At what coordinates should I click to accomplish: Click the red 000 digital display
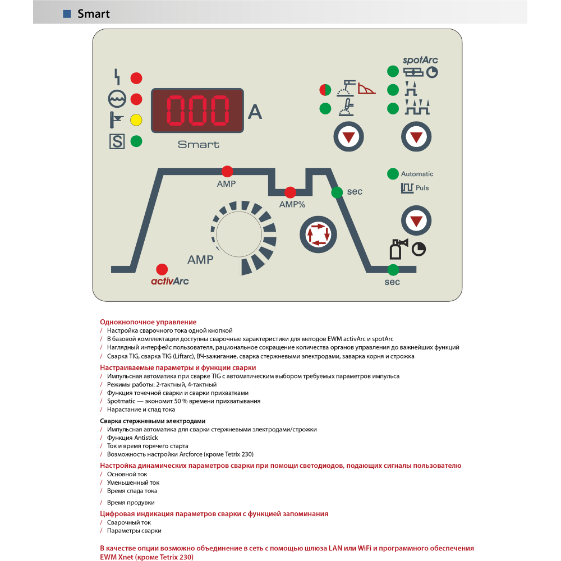(x=197, y=110)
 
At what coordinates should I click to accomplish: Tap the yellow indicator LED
(x=136, y=120)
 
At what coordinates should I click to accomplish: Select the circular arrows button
(x=318, y=234)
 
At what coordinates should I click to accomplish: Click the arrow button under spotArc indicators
(x=416, y=137)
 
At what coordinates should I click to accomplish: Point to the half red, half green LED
(x=325, y=90)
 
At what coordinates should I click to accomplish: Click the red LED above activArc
(x=162, y=269)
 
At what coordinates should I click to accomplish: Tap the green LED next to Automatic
(x=393, y=174)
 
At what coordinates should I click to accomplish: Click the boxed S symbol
(x=117, y=141)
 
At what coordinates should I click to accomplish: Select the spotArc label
(x=420, y=60)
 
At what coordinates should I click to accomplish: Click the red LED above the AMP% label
(x=290, y=192)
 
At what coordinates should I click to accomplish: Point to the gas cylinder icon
(x=398, y=249)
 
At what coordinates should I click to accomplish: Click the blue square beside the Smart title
(x=67, y=13)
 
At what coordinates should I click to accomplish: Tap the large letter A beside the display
(x=255, y=112)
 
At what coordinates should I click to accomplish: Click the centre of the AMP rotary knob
(x=239, y=234)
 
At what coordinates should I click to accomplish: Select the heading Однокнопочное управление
(x=148, y=322)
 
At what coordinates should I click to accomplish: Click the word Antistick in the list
(x=146, y=438)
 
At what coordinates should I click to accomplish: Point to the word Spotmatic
(x=121, y=401)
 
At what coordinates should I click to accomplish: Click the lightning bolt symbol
(x=117, y=77)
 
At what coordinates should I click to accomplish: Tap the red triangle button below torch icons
(x=348, y=137)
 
